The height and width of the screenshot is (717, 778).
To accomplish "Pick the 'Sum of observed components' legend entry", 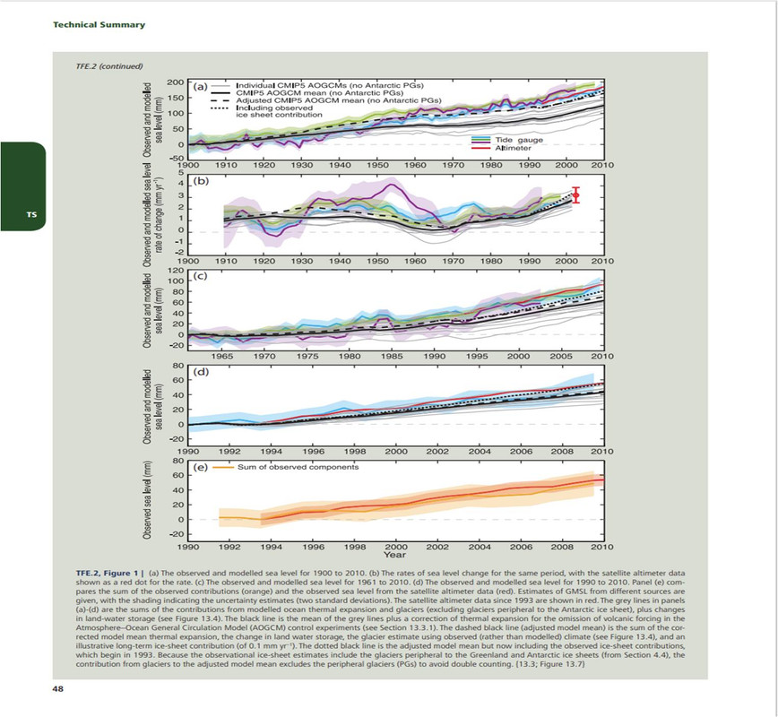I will point(298,467).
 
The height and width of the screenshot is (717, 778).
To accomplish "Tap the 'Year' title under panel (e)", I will point(394,554).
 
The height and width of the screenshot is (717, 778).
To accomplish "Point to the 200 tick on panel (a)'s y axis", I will point(176,82).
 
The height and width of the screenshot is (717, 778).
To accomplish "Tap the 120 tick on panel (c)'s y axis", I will point(176,270).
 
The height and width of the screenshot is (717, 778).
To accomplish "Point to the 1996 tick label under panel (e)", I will point(313,545).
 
